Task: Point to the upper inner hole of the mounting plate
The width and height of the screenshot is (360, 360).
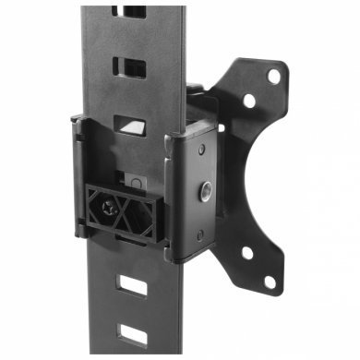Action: pos(246,100)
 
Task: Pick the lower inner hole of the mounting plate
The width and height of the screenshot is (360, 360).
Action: pos(246,251)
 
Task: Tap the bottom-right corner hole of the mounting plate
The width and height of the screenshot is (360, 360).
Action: pos(270,281)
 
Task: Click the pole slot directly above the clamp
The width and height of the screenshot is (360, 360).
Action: pos(129,126)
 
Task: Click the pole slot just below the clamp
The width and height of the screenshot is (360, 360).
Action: pos(133,285)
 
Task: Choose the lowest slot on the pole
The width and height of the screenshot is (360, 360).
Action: pos(133,333)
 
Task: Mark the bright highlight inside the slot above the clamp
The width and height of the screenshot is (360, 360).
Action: pos(136,125)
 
